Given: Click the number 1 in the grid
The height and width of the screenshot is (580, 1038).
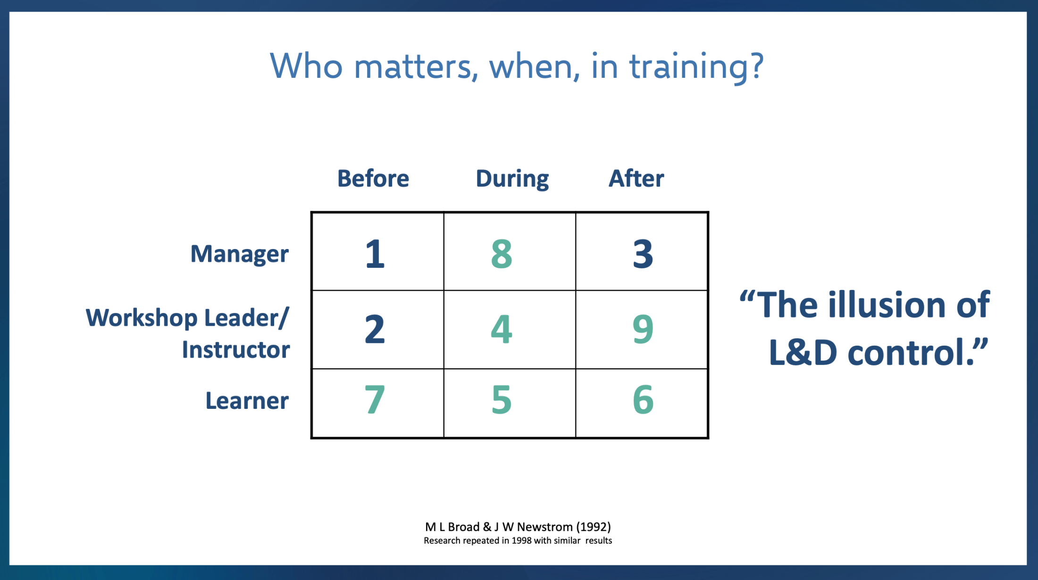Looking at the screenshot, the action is (376, 254).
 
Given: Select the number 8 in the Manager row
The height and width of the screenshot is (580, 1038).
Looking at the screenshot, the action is (502, 254).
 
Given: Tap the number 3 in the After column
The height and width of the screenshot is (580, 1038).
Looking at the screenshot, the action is (643, 254).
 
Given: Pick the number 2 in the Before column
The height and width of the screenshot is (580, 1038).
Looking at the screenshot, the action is (375, 329).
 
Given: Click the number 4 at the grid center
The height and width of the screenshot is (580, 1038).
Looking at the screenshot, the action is (502, 329).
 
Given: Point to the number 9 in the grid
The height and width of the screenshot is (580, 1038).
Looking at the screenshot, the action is (643, 329).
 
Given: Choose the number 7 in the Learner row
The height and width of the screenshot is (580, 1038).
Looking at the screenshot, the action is (375, 400).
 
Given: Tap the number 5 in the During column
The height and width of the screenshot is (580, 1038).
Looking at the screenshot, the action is (502, 400).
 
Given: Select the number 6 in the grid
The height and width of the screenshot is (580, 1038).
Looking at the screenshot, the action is (643, 400).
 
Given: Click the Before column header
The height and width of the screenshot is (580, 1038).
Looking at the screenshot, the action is (373, 179).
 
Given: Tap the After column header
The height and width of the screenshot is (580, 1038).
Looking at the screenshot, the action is (636, 179).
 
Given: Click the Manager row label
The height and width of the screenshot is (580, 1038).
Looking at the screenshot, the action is (240, 254).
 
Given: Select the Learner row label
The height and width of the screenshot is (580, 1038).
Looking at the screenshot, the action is (247, 401).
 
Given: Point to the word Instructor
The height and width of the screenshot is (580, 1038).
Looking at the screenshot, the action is (236, 350).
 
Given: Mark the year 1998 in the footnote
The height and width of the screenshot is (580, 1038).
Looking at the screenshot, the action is (521, 541).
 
